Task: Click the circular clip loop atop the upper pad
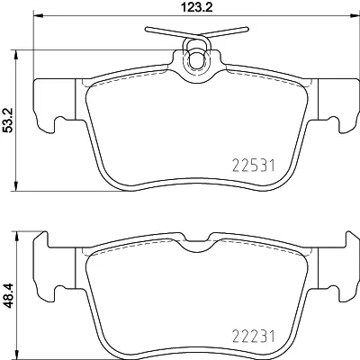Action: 195,58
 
